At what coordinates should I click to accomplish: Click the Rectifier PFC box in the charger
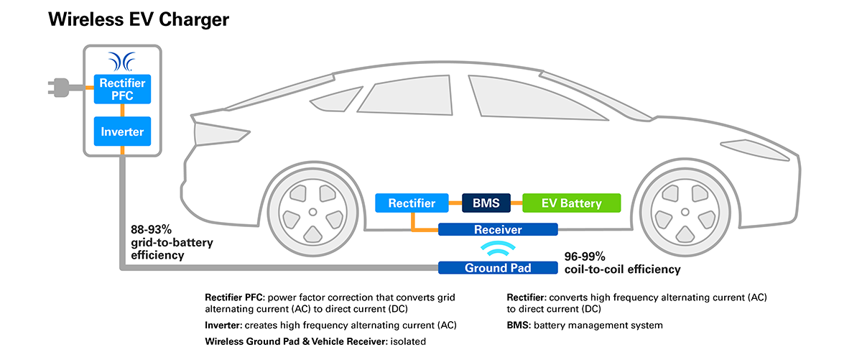[122, 89]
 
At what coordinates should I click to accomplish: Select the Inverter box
[122, 131]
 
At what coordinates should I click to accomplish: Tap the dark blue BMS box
[486, 203]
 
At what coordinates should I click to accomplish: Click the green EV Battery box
[571, 203]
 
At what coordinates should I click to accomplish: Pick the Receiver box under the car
[498, 230]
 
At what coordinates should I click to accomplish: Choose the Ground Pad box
[498, 268]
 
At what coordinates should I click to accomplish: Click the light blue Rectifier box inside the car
[412, 203]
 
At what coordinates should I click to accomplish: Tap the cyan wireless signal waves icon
[498, 249]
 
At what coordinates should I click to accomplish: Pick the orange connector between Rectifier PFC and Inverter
[123, 110]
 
